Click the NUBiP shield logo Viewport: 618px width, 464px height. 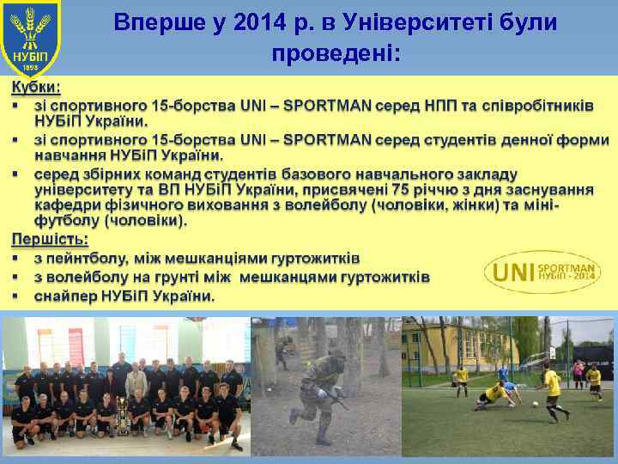pyautogui.click(x=30, y=40)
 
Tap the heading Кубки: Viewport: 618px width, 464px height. pyautogui.click(x=35, y=88)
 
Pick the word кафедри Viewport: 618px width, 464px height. pyautogui.click(x=64, y=205)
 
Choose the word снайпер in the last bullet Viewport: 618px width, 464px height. pyautogui.click(x=65, y=296)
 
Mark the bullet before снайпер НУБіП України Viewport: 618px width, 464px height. pyautogui.click(x=15, y=296)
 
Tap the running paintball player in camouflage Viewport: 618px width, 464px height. pyautogui.click(x=322, y=387)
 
